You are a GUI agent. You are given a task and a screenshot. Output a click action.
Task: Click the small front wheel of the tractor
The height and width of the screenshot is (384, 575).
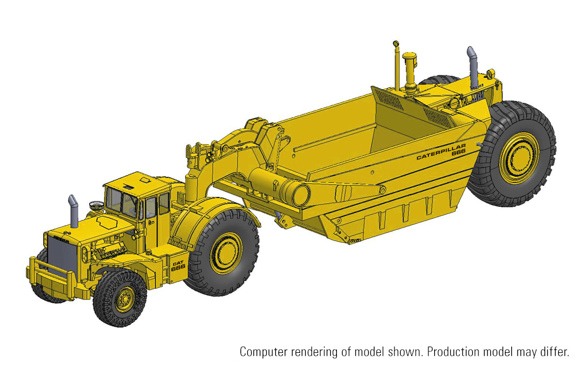point(120,298)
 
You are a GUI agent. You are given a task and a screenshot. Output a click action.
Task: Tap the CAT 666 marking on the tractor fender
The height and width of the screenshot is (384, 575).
point(178,265)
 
